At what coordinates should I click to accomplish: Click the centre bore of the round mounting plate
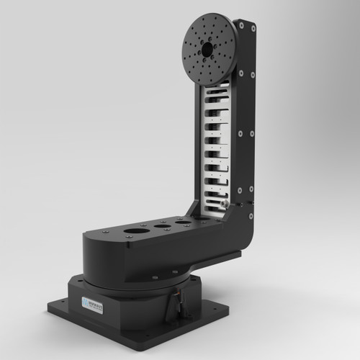pyautogui.click(x=207, y=49)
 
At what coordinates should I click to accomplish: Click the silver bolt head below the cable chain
pyautogui.click(x=225, y=205)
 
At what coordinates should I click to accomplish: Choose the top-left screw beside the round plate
pyautogui.click(x=241, y=25)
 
